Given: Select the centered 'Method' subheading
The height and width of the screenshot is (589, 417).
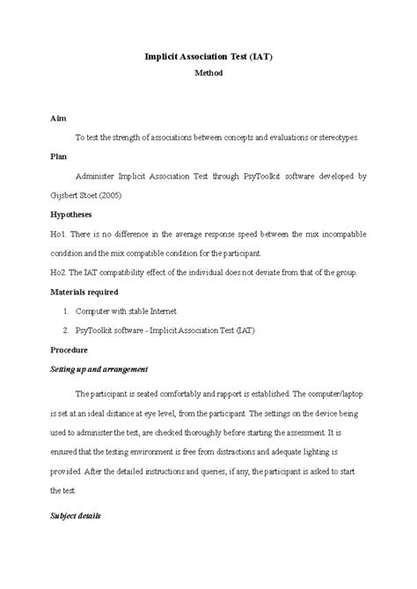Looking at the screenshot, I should (208, 74).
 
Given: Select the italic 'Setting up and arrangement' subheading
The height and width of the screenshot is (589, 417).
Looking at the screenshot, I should (100, 368).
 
